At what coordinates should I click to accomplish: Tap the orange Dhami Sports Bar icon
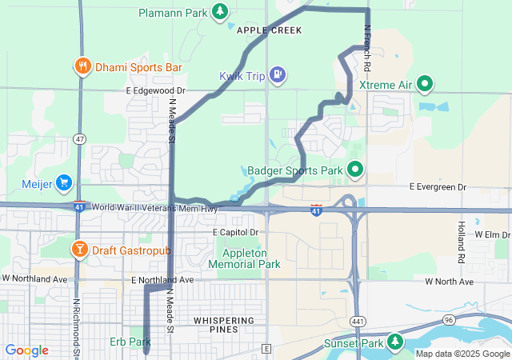point(82,66)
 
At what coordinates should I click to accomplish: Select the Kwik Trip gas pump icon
point(277,75)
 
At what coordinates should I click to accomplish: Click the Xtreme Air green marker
point(425,83)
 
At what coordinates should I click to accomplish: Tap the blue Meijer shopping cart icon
point(64,184)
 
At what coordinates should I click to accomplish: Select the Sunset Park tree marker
point(394,342)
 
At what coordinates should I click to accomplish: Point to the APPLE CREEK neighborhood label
point(269,30)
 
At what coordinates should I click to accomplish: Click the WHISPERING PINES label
point(224,321)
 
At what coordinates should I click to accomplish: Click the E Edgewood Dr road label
point(155,91)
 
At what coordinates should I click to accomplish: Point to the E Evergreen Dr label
point(437,187)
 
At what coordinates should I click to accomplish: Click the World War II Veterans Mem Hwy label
point(154,208)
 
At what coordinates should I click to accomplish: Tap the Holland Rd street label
point(461,242)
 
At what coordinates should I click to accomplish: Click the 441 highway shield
point(357,320)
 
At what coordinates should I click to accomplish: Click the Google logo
point(26,350)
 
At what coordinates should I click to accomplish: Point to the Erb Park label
point(130,342)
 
